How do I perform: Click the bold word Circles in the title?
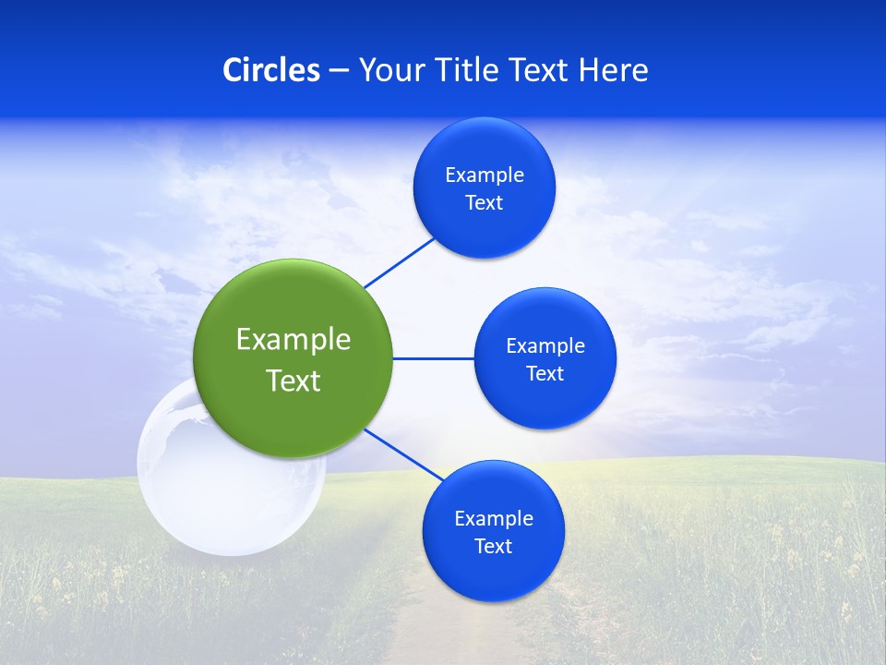(x=271, y=70)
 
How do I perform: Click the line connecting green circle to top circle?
(x=400, y=262)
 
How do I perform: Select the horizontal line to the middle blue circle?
(x=433, y=358)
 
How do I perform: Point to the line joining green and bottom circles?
(x=404, y=454)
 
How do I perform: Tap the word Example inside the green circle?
(x=293, y=340)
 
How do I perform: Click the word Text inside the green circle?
(x=293, y=381)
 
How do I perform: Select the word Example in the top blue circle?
(x=485, y=175)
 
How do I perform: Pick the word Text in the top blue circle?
(x=485, y=203)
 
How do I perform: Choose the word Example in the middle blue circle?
(x=545, y=346)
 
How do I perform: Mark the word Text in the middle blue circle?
(x=545, y=374)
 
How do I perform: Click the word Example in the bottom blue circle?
(x=494, y=519)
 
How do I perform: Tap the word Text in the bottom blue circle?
(x=494, y=547)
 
